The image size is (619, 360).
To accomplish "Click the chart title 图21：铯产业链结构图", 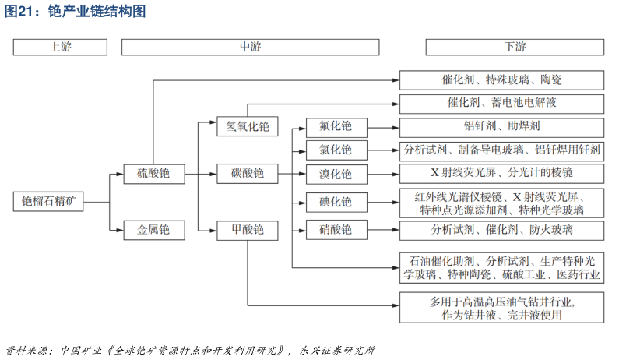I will [x=76, y=12].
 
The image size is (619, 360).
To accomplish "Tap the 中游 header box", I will [x=250, y=47].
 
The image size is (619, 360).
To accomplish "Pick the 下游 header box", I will [x=515, y=47].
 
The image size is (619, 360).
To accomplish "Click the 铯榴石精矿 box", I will [x=48, y=201].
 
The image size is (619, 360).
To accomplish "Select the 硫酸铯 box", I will [x=153, y=173].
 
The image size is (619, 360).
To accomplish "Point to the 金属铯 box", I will [x=153, y=230].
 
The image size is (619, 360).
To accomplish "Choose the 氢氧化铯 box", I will [x=248, y=126].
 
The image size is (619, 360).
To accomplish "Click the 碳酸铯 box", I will [x=248, y=173].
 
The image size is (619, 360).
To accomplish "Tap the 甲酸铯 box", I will [x=248, y=230].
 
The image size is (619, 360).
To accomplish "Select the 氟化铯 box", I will [x=335, y=126].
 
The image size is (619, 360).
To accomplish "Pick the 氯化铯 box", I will [x=335, y=149].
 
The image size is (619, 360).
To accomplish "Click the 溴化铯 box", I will [x=335, y=174].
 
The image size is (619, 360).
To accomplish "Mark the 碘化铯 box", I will [x=335, y=202].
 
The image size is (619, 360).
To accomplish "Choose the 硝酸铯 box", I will [x=335, y=230].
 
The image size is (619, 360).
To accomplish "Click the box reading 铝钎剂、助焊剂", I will [x=501, y=126].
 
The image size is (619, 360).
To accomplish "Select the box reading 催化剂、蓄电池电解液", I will [x=501, y=103].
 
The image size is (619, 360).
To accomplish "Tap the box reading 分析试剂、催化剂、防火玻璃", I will [x=501, y=230].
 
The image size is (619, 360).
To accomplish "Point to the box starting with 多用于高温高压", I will [x=501, y=308].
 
